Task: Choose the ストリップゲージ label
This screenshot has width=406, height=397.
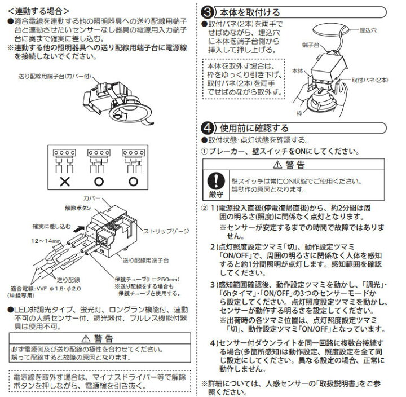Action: pos(169,231)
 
